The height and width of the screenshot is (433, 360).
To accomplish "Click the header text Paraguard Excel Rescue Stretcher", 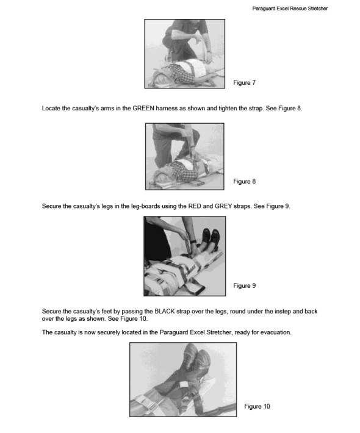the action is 290,9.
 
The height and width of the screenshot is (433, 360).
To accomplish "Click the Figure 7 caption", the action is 244,82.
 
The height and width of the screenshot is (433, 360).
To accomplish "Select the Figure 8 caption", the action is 244,181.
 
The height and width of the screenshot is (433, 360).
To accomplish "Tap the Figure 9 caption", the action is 244,285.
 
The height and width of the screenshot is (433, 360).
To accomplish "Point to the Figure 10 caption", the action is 257,406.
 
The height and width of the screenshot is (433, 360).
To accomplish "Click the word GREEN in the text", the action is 143,109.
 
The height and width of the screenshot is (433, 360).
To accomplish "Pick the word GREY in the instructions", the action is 223,206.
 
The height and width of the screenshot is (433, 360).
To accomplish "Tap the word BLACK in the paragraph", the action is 165,311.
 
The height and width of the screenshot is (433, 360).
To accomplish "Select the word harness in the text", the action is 167,109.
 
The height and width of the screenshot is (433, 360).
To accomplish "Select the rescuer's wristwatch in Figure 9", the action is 193,242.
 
